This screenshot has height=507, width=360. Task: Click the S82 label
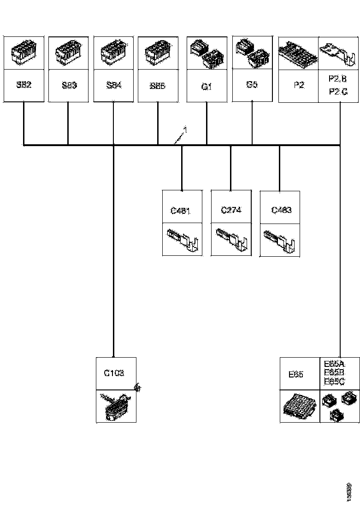click(24, 85)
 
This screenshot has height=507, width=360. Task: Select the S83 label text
click(69, 85)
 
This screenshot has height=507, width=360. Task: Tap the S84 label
click(114, 85)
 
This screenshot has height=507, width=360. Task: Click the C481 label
click(181, 211)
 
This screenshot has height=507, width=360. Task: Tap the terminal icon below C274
click(231, 239)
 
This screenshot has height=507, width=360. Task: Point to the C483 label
click(281, 210)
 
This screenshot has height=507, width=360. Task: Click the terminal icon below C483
click(280, 239)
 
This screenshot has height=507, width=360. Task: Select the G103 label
click(113, 373)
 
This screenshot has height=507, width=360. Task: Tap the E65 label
click(295, 375)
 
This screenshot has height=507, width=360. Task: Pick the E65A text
click(335, 364)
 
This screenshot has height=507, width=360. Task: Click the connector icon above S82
click(24, 52)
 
